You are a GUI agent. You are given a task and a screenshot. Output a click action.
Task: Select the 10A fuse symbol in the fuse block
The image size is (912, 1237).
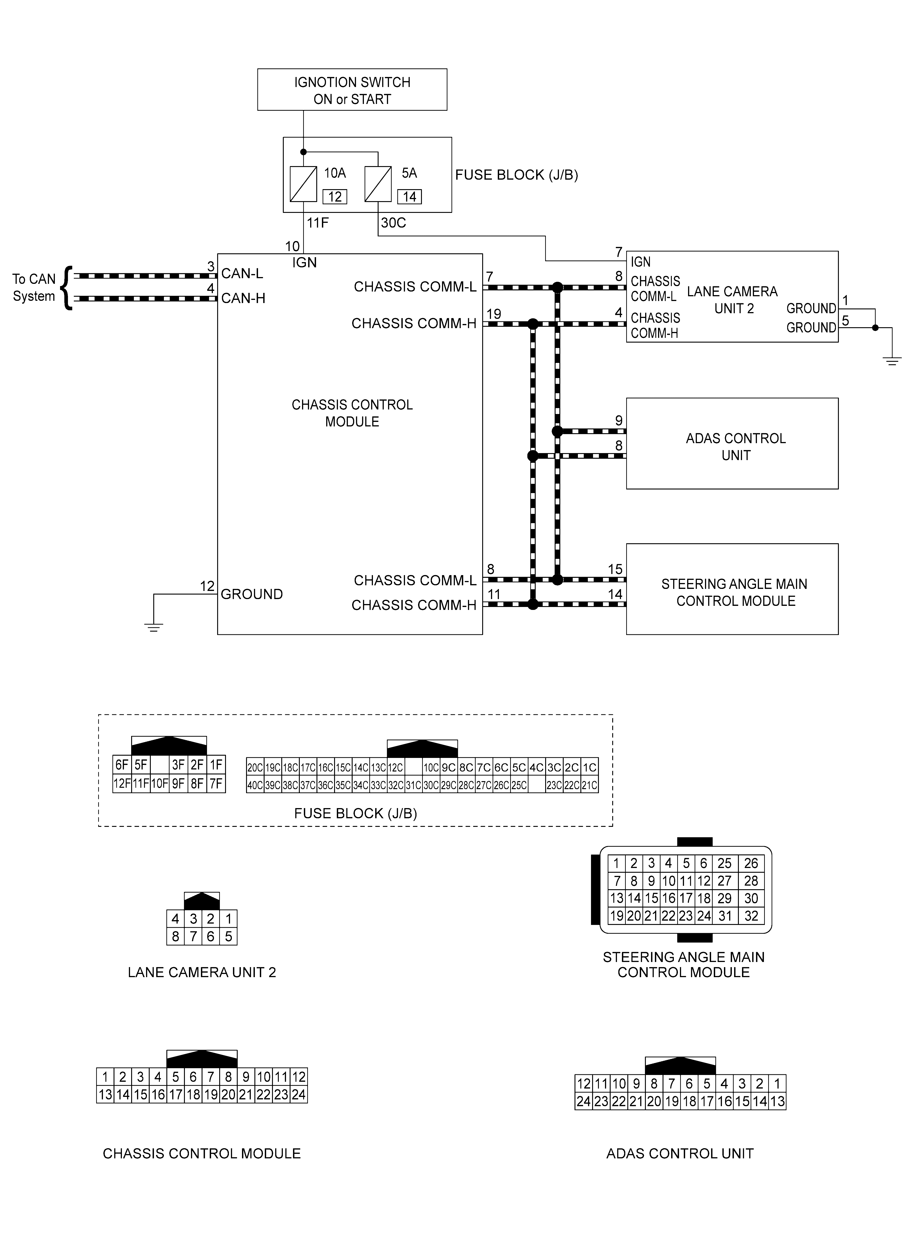point(303,184)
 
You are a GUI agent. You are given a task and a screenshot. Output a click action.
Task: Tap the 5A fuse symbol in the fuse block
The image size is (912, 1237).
point(378,184)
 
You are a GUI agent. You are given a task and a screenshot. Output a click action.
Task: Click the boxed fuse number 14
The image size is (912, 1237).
point(409,197)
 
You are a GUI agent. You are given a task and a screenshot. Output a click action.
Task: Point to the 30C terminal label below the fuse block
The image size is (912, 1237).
point(393,223)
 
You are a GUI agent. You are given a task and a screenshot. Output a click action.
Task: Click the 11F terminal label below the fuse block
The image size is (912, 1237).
point(317,223)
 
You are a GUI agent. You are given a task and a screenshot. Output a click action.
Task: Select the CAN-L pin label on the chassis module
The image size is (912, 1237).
point(242,273)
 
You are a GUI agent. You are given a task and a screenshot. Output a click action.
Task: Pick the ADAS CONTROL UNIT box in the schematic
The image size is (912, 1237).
point(732,444)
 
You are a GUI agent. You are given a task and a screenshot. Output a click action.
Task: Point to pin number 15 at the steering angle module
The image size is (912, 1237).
point(615,569)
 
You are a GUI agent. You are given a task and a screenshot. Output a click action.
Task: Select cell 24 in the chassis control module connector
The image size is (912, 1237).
point(299,1094)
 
